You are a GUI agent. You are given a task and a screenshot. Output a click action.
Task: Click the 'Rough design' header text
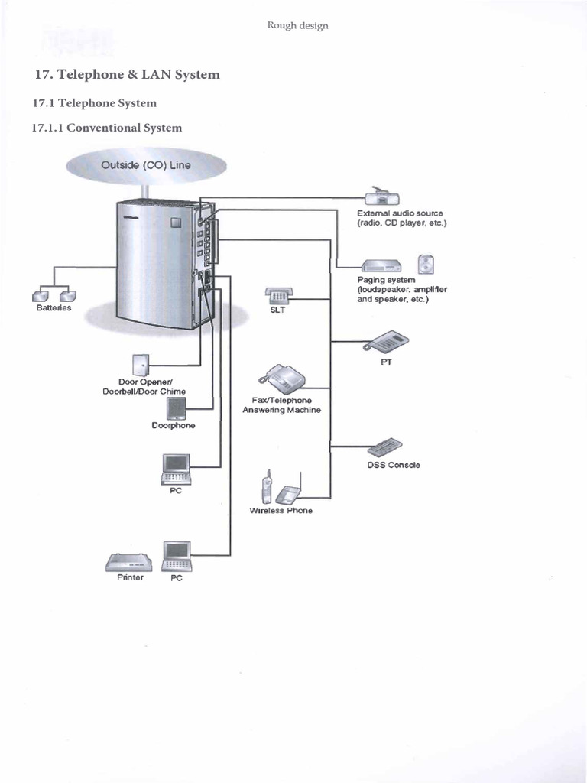tap(297, 25)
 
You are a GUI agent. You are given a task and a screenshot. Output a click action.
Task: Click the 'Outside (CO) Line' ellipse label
tap(146, 165)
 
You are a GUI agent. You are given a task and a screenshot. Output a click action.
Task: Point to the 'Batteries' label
tap(54, 307)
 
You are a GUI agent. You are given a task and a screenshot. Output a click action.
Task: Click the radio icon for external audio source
tap(381, 197)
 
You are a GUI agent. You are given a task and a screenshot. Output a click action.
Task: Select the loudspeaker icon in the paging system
tap(426, 265)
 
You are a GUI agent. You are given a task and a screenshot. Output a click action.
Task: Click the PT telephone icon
tap(387, 341)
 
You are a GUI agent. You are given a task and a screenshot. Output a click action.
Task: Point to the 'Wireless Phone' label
tap(281, 510)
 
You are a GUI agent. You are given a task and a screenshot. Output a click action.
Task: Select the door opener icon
tap(141, 365)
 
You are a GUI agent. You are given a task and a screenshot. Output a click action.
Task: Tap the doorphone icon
tap(177, 408)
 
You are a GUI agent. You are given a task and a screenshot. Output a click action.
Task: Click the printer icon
tap(129, 563)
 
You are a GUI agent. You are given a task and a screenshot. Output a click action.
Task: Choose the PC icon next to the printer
tap(177, 556)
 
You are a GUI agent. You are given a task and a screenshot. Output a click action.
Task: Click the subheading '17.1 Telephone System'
tap(94, 102)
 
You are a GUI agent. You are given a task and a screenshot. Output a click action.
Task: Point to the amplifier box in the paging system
tap(381, 265)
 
